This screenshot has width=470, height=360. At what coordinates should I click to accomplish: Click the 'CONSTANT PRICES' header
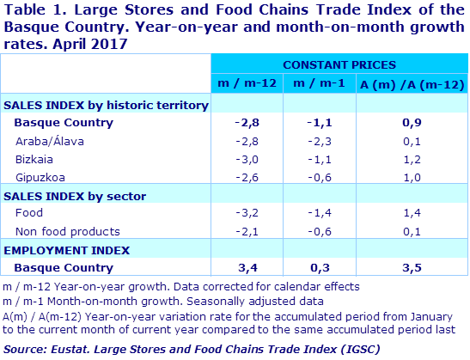[339, 64]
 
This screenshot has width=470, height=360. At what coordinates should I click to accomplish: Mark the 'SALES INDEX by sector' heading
[75, 196]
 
